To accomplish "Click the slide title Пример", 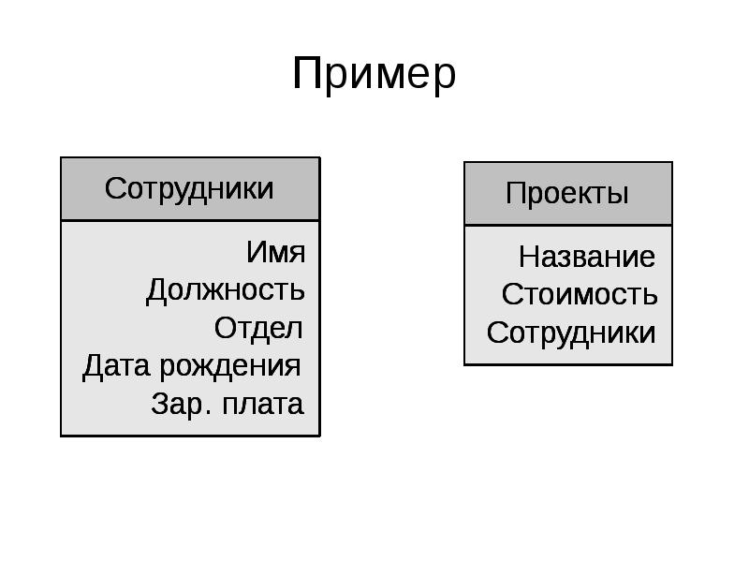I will [374, 74].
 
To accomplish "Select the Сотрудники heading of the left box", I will [189, 188].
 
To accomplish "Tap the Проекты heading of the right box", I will [566, 194].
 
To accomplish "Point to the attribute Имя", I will [275, 252].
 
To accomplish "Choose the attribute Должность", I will [225, 290].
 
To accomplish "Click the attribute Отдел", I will [258, 329].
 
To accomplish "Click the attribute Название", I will [587, 257].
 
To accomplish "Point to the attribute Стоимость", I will [580, 295].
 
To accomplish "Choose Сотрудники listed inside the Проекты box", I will [571, 333].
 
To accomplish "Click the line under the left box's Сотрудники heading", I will [190, 221].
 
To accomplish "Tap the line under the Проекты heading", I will [567, 225].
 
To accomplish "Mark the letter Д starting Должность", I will [156, 291].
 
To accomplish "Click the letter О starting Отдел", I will [225, 329].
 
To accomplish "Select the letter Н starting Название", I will [529, 257].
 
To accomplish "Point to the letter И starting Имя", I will [256, 252].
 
